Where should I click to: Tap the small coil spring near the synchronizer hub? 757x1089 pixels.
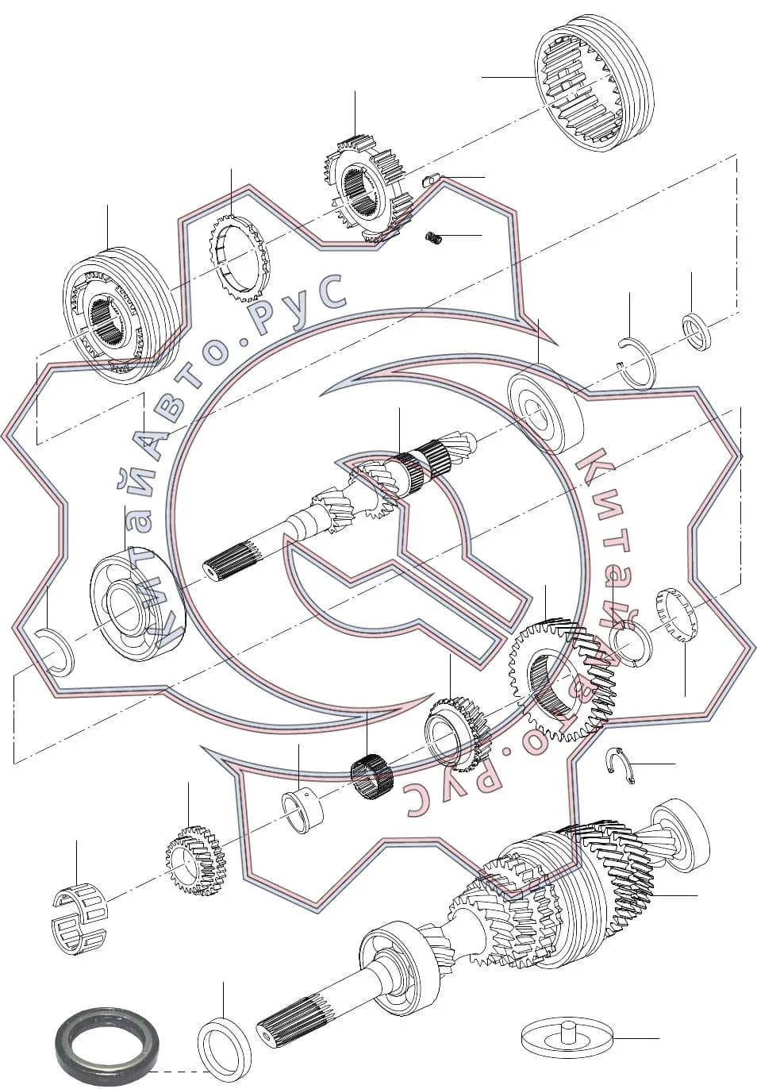click(x=434, y=238)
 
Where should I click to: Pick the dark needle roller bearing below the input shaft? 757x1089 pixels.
click(x=371, y=777)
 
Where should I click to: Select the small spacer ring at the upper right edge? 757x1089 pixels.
click(x=697, y=332)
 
